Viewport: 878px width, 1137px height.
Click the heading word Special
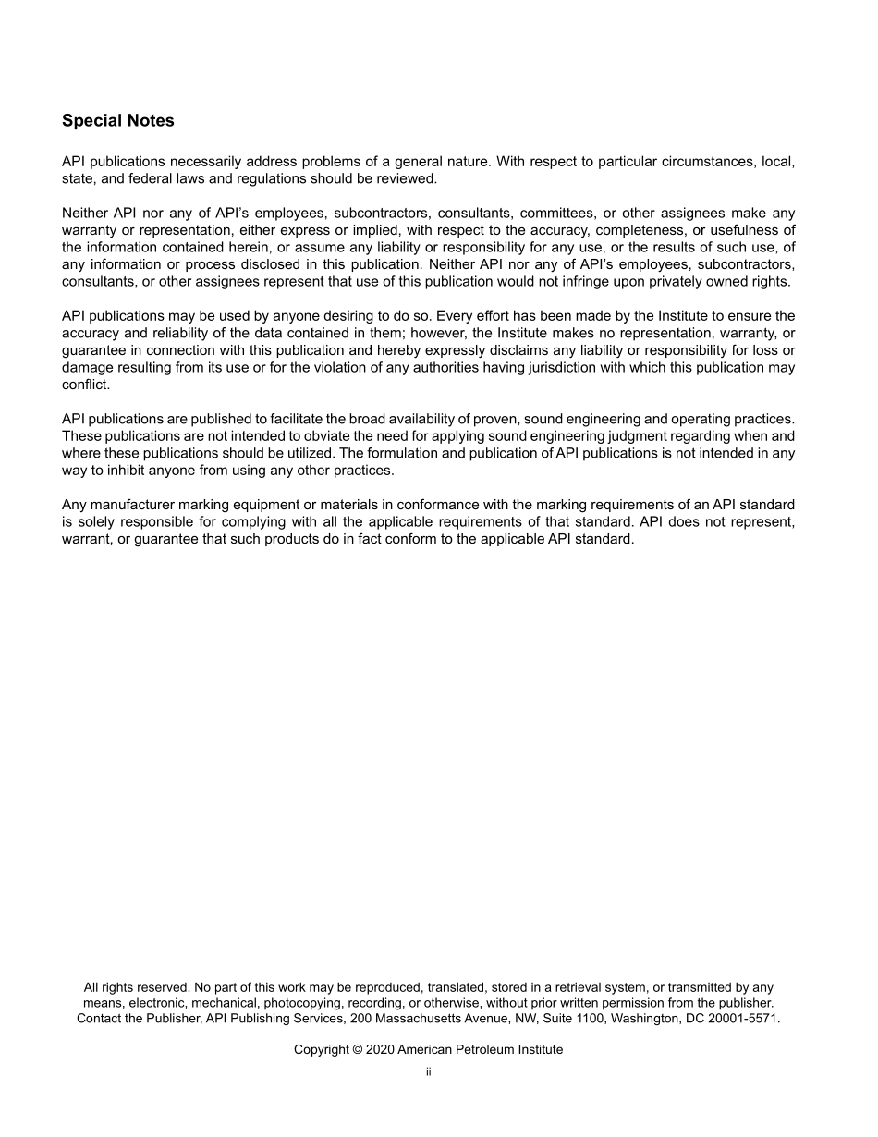tap(85, 121)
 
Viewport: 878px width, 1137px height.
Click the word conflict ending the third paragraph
tap(84, 385)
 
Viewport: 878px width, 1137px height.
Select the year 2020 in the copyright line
tap(379, 1050)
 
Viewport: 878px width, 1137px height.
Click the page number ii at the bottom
tap(429, 1072)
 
